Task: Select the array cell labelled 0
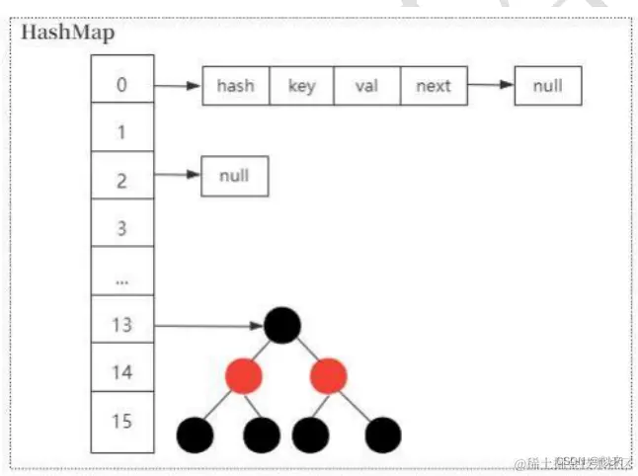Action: point(121,84)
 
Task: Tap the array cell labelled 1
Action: point(121,131)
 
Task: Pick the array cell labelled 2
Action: point(121,179)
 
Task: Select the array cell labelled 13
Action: point(121,325)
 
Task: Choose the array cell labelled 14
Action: point(121,372)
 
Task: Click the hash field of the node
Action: point(235,86)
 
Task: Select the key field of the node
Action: point(301,86)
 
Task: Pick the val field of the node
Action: point(366,86)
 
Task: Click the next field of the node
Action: point(433,86)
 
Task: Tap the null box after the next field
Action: point(547,86)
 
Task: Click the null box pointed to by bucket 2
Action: point(234,178)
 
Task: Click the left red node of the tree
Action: point(242,376)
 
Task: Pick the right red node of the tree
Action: point(329,376)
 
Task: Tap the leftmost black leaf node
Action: point(195,434)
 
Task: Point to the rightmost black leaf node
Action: point(382,434)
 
